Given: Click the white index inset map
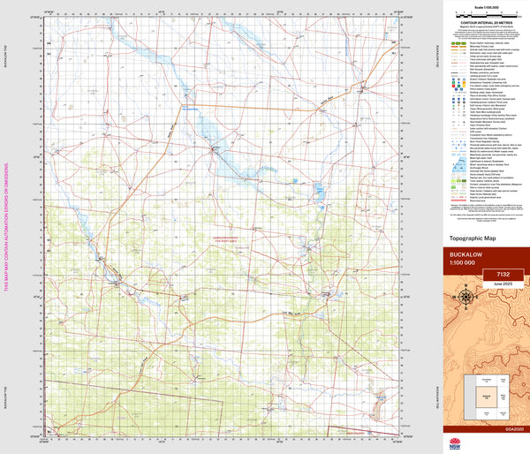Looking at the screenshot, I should [486, 395].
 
